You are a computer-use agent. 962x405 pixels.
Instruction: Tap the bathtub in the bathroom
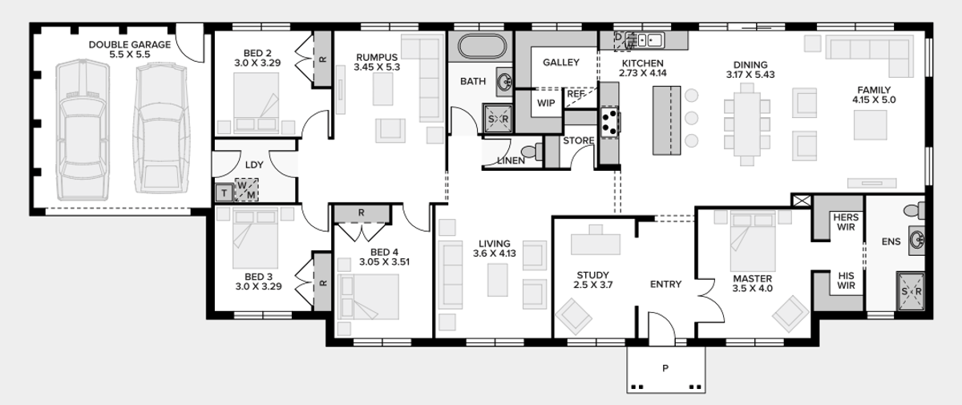pyautogui.click(x=483, y=46)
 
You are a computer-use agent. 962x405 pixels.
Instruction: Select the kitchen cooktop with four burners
pyautogui.click(x=610, y=123)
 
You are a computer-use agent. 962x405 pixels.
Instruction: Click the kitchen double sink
pyautogui.click(x=645, y=40)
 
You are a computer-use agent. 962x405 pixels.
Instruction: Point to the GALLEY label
pyautogui.click(x=561, y=63)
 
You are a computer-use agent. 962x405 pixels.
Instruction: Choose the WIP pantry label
pyautogui.click(x=546, y=103)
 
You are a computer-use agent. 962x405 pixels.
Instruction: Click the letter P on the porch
pyautogui.click(x=665, y=368)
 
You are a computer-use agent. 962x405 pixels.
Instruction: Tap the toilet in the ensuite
pyautogui.click(x=914, y=210)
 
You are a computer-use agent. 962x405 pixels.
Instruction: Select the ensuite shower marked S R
pyautogui.click(x=911, y=291)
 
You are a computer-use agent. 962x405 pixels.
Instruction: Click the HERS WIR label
pyautogui.click(x=846, y=222)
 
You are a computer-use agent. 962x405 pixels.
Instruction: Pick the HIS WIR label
pyautogui.click(x=846, y=281)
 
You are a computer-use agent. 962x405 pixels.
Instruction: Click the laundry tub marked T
pyautogui.click(x=224, y=193)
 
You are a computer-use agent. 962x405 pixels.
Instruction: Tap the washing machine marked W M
pyautogui.click(x=247, y=190)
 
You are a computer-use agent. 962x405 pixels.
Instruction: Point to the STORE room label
pyautogui.click(x=579, y=140)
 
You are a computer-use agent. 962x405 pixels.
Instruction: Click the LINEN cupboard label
pyautogui.click(x=511, y=160)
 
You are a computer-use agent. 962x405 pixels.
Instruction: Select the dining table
pyautogui.click(x=747, y=124)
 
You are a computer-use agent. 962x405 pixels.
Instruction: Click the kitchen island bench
pyautogui.click(x=666, y=120)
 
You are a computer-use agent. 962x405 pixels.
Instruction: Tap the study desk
pyautogui.click(x=595, y=244)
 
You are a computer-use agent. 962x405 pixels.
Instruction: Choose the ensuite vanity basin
pyautogui.click(x=916, y=241)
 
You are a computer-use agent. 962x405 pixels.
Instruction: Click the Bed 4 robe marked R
pyautogui.click(x=362, y=213)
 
